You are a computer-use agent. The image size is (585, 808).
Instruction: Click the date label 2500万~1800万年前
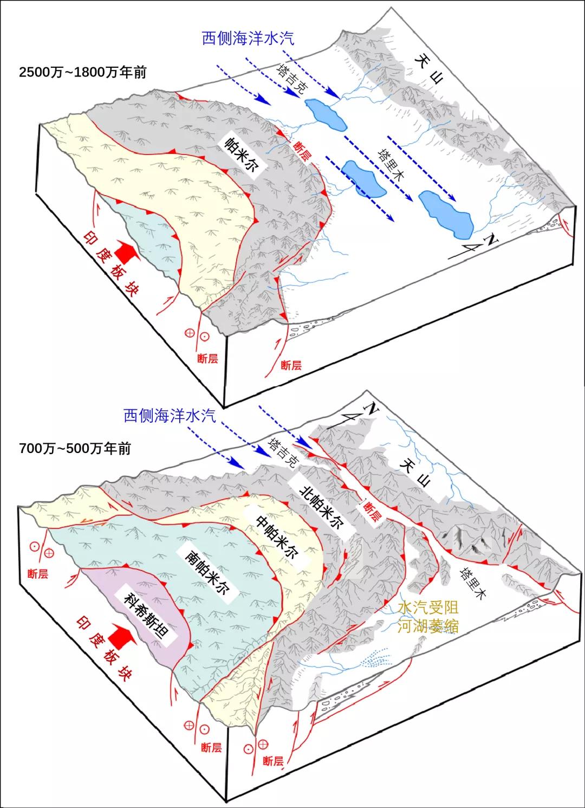pos(82,73)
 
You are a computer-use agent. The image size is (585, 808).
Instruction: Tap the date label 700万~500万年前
pos(75,449)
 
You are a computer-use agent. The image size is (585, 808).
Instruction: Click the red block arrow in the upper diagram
pos(127,251)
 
